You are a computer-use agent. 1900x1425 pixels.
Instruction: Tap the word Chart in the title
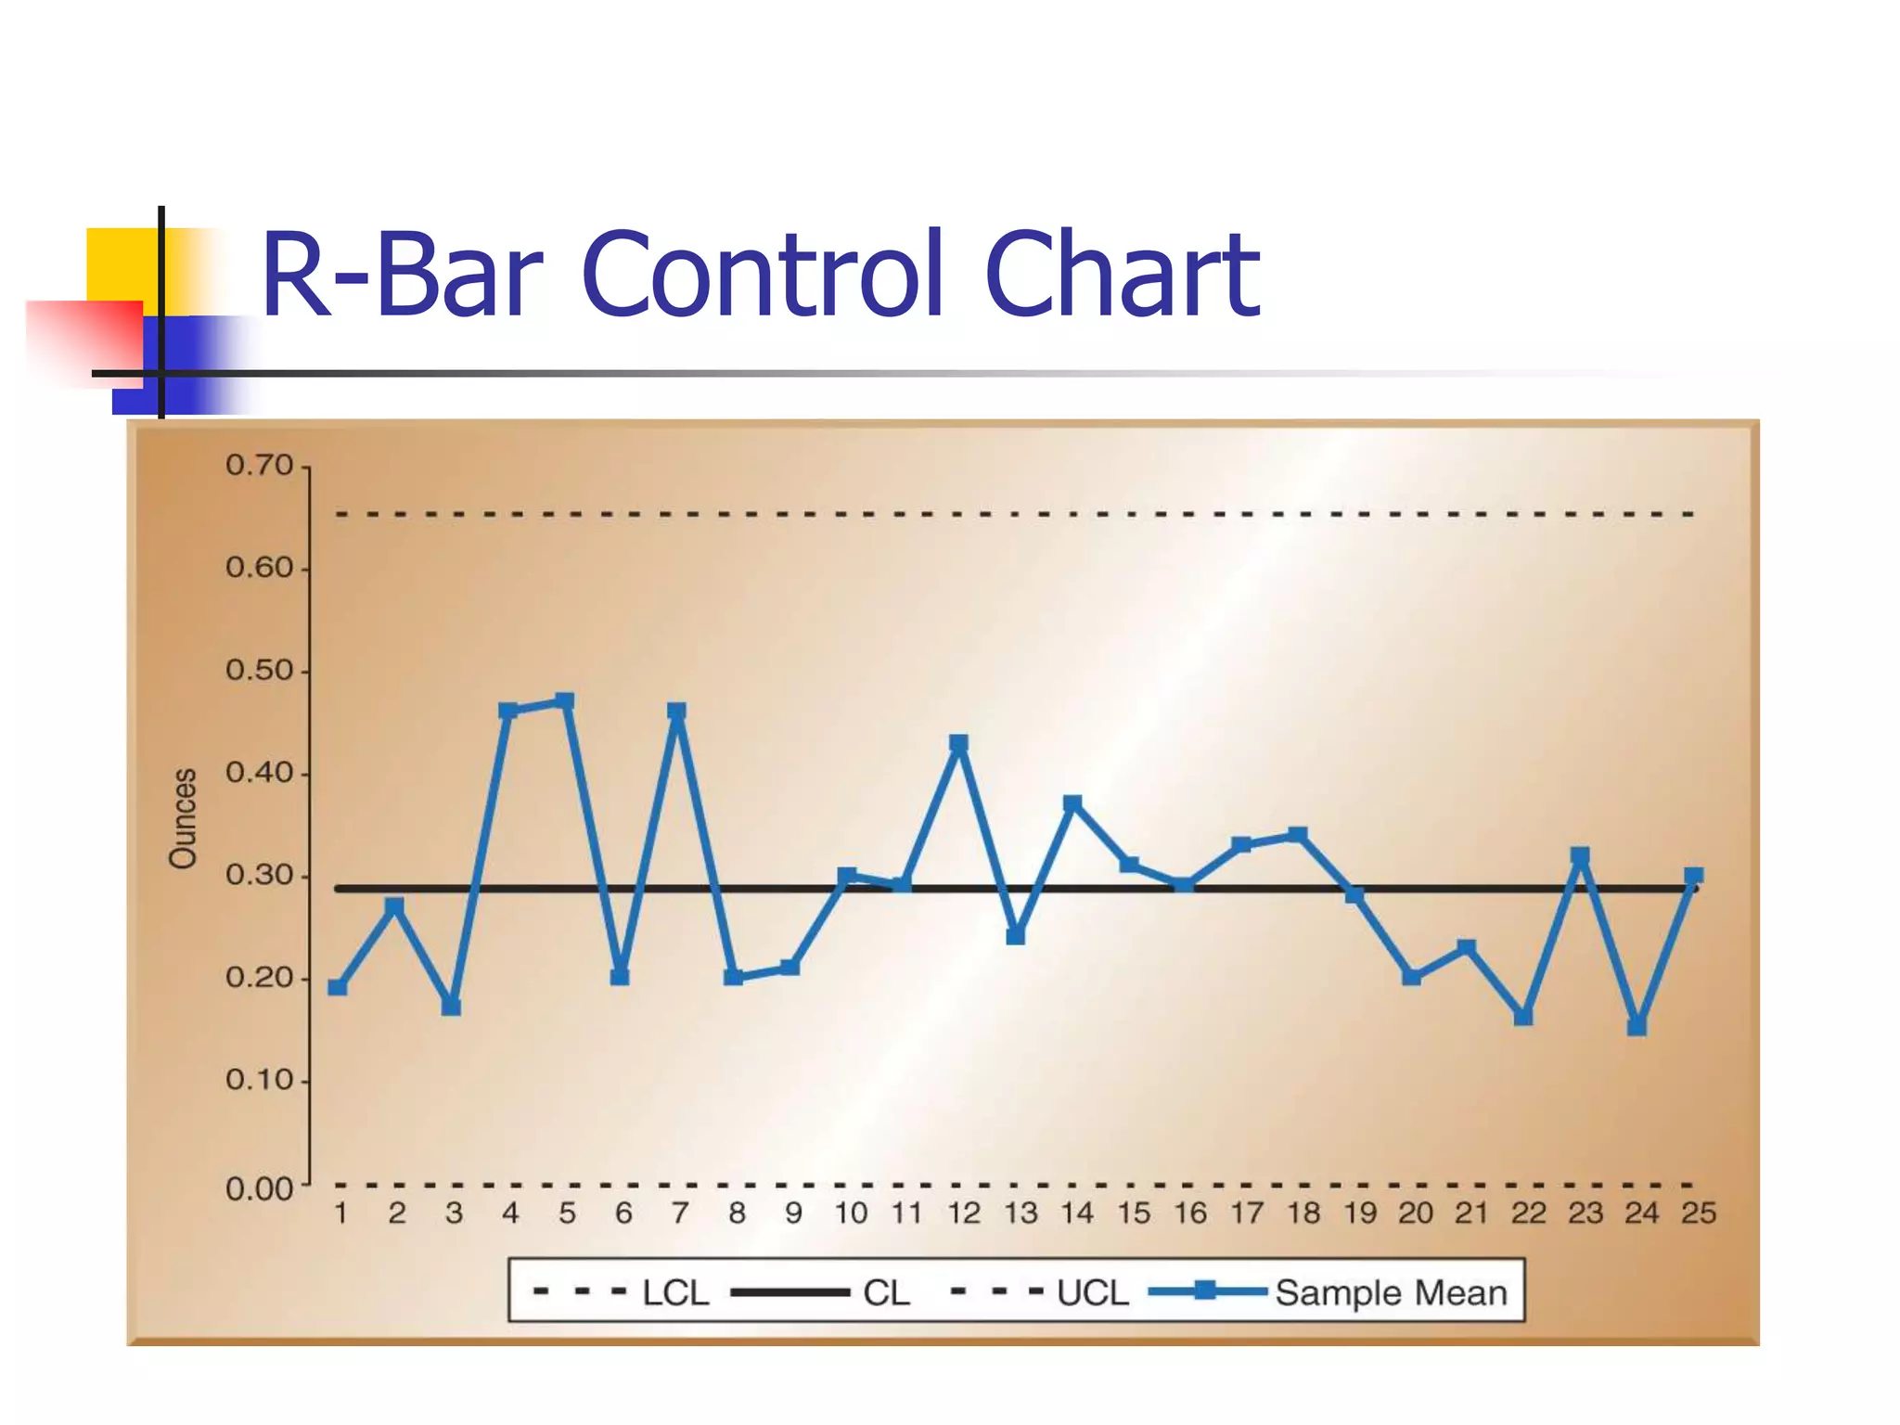[x=1122, y=276]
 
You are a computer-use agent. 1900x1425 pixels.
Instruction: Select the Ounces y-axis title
[x=184, y=818]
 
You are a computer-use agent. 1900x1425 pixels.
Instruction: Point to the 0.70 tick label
[x=259, y=466]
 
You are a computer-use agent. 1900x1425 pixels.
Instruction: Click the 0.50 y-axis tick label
[x=259, y=670]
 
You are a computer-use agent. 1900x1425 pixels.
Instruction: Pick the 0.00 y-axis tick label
[x=259, y=1189]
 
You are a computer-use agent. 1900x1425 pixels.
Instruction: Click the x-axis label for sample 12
[x=964, y=1213]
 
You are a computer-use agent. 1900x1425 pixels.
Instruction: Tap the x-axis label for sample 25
[x=1699, y=1213]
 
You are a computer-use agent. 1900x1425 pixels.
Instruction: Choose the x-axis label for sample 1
[x=340, y=1213]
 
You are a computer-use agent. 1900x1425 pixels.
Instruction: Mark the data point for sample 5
[x=565, y=701]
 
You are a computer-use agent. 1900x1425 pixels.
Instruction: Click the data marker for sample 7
[x=677, y=712]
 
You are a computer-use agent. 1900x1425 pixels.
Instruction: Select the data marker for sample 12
[x=959, y=743]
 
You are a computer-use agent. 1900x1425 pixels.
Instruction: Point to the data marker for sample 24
[x=1637, y=1026]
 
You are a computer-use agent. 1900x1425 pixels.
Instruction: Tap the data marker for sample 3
[x=452, y=1007]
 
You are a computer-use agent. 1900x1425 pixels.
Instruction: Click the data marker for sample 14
[x=1072, y=803]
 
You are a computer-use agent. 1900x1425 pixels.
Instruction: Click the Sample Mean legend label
[x=1391, y=1292]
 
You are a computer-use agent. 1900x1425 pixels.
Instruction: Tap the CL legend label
[x=886, y=1292]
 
